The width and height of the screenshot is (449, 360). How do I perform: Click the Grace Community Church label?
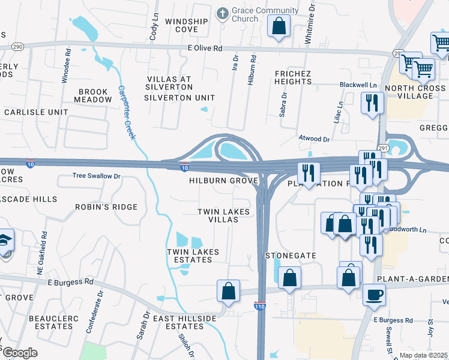click(266, 14)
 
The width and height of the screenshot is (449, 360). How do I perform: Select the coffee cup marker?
click(373, 296)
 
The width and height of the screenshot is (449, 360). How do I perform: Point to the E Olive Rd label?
click(196, 47)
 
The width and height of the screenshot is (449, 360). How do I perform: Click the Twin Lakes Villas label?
click(218, 216)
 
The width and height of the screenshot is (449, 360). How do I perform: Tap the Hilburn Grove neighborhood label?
click(223, 181)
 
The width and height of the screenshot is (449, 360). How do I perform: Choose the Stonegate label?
click(291, 256)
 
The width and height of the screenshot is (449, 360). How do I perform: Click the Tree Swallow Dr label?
click(97, 176)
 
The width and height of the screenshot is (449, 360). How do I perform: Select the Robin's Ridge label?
click(106, 207)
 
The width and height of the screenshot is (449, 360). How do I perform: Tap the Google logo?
click(19, 353)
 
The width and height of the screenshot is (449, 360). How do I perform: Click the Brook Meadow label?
click(92, 96)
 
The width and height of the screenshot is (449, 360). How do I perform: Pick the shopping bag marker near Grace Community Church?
click(279, 26)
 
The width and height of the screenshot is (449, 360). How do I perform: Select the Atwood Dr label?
click(315, 139)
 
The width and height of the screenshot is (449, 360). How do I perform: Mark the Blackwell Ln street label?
click(357, 85)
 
